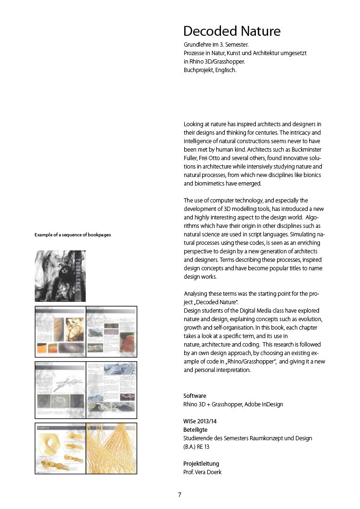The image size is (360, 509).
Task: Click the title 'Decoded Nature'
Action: [232, 32]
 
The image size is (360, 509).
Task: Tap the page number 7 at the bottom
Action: [180, 494]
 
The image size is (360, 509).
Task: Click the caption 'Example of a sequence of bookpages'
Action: [73, 234]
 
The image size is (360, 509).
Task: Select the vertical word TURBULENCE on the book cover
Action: [78, 275]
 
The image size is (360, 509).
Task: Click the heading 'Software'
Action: [195, 396]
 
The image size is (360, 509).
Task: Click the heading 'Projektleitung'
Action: [201, 464]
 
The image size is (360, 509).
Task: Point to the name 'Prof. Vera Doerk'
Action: [202, 472]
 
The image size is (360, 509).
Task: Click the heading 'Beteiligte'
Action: [195, 429]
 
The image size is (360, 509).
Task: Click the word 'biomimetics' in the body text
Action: [207, 183]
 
